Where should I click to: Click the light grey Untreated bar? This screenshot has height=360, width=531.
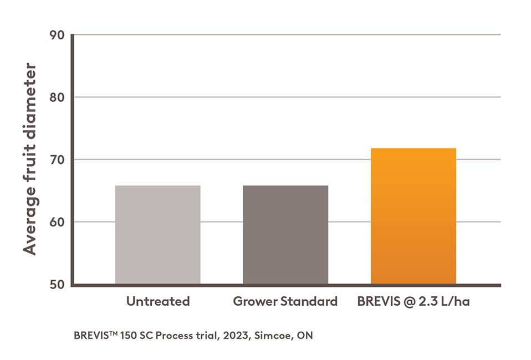[158, 235]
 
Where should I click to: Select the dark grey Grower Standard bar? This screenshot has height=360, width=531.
[285, 235]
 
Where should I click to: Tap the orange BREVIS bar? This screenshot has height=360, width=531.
[413, 216]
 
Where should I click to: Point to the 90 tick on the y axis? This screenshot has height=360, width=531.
[57, 35]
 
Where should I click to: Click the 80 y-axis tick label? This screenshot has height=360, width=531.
[57, 97]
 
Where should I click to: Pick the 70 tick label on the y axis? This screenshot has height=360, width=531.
[57, 160]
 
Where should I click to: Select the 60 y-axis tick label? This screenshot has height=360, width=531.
[57, 223]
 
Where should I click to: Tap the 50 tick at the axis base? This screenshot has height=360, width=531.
[57, 285]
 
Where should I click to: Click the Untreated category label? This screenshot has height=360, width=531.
[158, 302]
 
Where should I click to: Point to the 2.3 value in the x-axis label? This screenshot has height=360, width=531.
[429, 302]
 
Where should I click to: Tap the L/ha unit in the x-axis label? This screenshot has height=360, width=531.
[456, 302]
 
